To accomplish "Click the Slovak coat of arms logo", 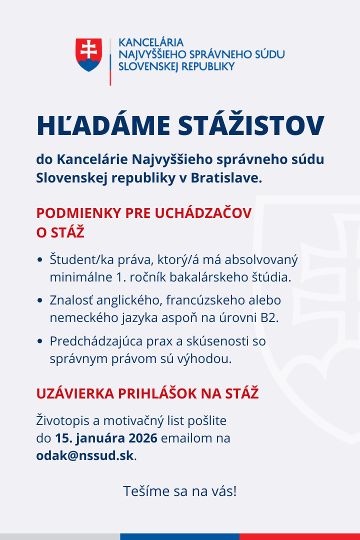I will tap(89, 54).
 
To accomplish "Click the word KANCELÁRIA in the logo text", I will tap(150, 42).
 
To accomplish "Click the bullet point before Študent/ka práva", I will tap(40, 260).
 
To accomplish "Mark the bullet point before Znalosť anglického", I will tap(40, 301).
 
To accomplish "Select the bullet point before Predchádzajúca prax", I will tap(40, 342).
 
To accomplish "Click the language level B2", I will tap(268, 318).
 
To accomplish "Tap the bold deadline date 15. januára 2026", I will tap(106, 438).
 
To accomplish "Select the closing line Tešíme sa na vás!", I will tap(180, 491).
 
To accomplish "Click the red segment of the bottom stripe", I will tap(300, 536).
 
